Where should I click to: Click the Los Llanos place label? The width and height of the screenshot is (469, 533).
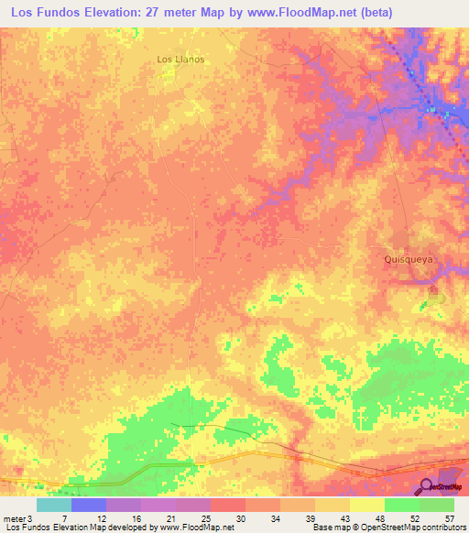click(x=180, y=59)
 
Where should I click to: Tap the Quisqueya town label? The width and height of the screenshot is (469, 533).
click(x=407, y=259)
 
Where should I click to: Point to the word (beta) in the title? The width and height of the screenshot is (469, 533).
click(x=398, y=12)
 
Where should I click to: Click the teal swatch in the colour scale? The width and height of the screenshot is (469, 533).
click(x=54, y=505)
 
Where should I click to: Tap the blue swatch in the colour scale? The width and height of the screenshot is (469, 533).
click(x=89, y=505)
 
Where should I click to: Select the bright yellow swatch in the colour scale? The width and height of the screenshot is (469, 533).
click(x=367, y=505)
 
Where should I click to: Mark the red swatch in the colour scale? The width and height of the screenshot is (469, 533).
click(x=228, y=505)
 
